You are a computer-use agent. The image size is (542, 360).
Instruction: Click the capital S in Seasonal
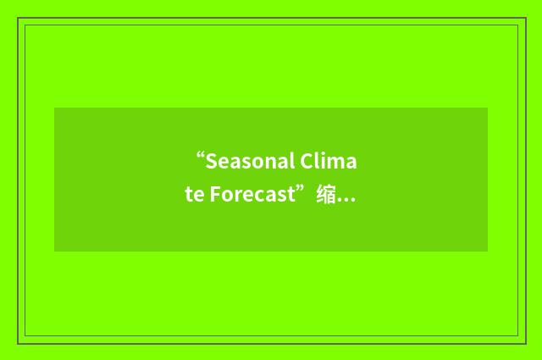211,161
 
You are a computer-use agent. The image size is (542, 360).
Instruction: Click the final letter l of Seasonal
293,161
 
